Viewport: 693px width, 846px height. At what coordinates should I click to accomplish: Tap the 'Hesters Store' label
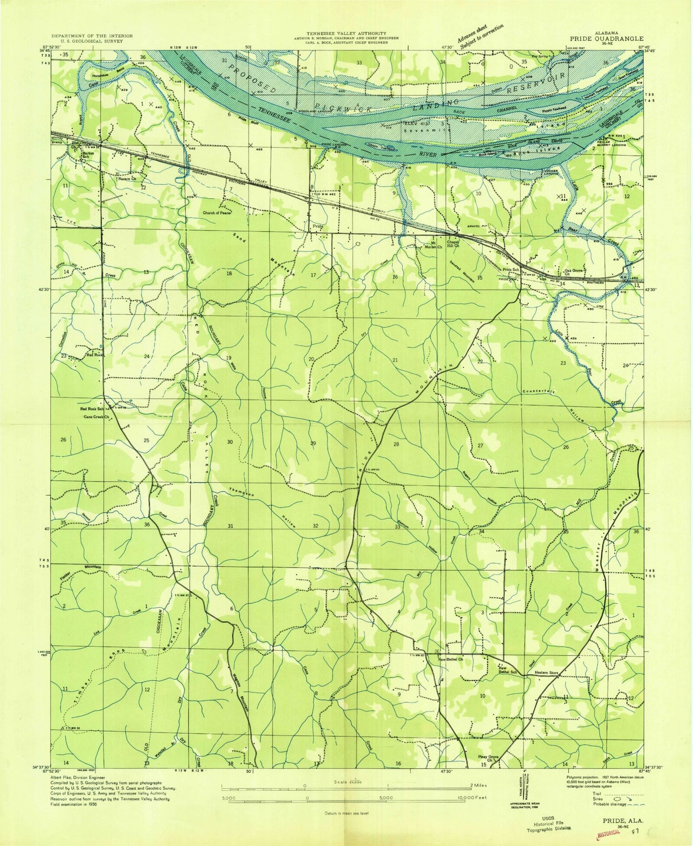547,673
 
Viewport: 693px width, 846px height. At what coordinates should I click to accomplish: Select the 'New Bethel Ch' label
450,659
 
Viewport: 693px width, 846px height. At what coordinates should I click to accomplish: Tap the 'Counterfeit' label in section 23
539,391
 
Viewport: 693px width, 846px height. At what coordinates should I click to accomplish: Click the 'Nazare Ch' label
127,179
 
